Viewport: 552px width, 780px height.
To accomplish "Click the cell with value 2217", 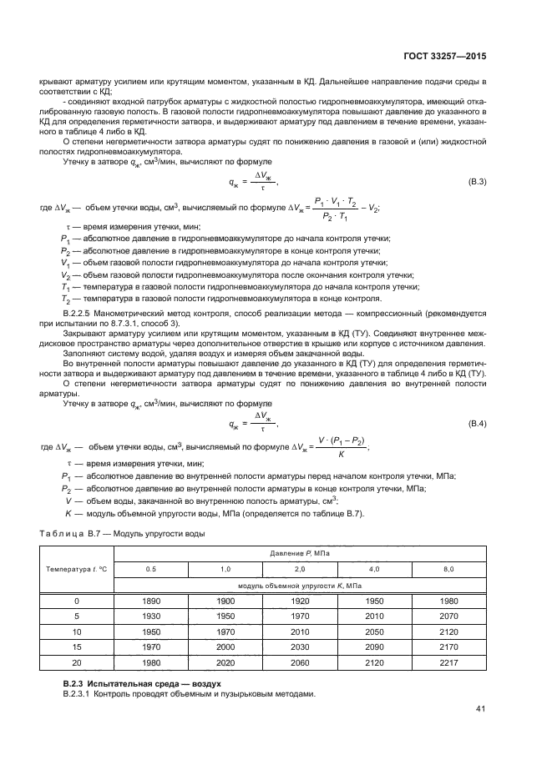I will [448, 662].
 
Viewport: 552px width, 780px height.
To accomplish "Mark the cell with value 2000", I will [225, 647].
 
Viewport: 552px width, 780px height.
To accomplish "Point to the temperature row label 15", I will [77, 647].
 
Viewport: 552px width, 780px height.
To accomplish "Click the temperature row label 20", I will [77, 662].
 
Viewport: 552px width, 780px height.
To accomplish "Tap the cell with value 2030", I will [299, 647].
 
